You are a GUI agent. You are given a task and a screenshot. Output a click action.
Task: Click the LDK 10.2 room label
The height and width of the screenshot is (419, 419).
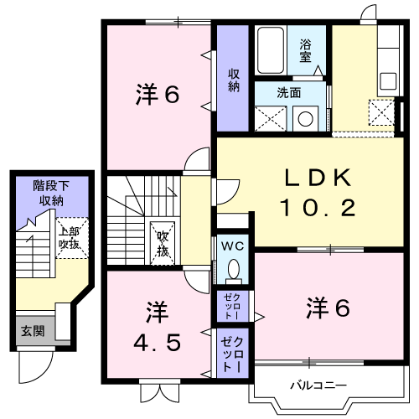tap(318, 193)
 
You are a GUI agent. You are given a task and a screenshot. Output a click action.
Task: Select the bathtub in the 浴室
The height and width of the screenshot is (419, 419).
tap(271, 50)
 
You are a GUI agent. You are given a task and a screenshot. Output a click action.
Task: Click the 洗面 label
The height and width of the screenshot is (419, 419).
tap(289, 93)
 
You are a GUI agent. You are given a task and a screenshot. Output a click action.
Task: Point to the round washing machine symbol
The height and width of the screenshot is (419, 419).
tap(305, 119)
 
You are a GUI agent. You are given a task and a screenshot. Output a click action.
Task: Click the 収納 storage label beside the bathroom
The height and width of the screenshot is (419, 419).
tap(234, 80)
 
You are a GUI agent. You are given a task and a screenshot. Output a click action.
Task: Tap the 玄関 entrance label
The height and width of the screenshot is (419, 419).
tap(33, 332)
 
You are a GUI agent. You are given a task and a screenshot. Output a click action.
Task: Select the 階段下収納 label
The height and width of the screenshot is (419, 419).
tap(51, 194)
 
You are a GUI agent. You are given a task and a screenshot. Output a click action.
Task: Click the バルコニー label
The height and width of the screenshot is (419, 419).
tap(318, 385)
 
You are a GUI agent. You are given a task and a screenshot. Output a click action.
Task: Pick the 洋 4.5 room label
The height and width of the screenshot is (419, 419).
tap(158, 327)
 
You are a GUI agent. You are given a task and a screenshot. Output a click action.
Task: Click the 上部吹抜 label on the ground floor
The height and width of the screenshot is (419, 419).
tap(69, 238)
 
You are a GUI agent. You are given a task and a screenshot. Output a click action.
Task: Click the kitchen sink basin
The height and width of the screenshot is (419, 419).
tap(388, 81)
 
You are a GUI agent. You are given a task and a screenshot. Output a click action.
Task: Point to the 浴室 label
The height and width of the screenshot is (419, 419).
tap(305, 51)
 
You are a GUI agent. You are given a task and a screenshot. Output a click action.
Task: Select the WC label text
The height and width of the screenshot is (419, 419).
tap(232, 246)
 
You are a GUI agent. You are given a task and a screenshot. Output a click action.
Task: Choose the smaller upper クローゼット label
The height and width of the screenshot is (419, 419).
tap(232, 306)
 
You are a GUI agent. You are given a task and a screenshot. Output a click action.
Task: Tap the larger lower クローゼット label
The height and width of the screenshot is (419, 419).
tap(233, 354)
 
